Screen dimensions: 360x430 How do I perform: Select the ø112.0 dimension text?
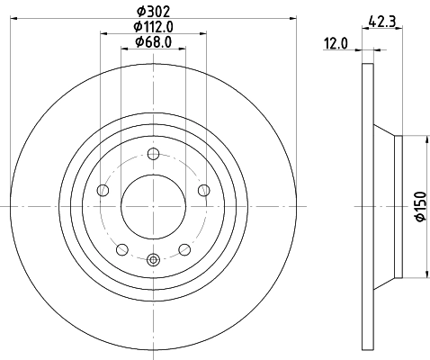point(153,26)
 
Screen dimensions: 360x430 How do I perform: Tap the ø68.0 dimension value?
point(153,42)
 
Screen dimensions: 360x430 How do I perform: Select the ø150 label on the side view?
point(419,207)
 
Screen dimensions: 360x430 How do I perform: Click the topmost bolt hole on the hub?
point(153,152)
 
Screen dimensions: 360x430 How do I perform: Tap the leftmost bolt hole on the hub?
point(102,190)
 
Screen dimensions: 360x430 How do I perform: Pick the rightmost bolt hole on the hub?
point(204,189)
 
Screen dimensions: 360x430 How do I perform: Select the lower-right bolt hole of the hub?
point(184,249)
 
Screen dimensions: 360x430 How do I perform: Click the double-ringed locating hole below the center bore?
point(153,260)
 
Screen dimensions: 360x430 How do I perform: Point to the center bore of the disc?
point(153,206)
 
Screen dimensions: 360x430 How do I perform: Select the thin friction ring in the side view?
point(366,206)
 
